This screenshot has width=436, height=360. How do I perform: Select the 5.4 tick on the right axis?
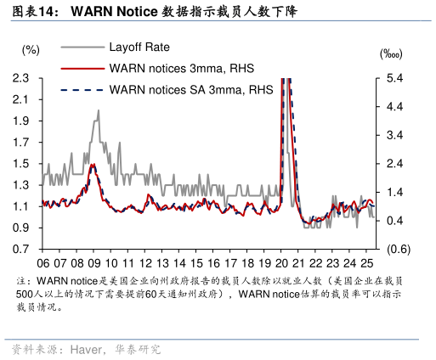393,78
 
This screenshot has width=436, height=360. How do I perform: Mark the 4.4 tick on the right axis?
393,106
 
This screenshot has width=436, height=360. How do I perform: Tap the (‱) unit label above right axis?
392,53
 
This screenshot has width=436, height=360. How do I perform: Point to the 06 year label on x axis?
42,263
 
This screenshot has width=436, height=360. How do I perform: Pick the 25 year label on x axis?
366,263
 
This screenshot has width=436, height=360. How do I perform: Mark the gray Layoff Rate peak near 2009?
98,110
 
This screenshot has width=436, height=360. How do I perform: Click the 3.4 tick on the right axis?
393,135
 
